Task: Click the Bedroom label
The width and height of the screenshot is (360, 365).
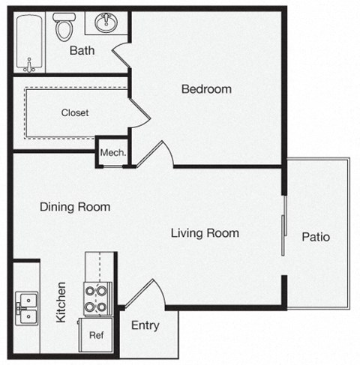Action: point(206,89)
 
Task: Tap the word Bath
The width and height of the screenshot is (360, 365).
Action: point(81,51)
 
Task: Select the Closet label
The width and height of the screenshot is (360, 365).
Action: point(75,113)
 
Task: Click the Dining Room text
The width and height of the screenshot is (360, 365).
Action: point(75,207)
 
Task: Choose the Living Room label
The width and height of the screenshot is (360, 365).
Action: point(205,233)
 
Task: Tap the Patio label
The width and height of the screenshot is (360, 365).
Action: point(316,237)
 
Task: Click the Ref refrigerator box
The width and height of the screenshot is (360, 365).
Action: point(96,336)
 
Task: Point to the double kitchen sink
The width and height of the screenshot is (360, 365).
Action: point(26,304)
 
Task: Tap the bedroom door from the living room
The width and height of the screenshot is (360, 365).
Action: point(158,153)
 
